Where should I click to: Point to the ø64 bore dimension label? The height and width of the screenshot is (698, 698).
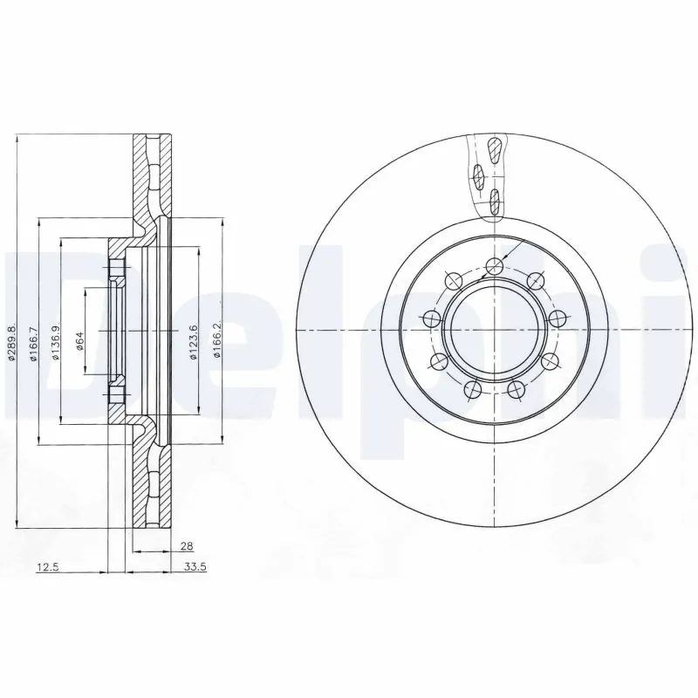pyautogui.click(x=80, y=340)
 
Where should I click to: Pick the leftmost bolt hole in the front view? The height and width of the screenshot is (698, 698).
pyautogui.click(x=429, y=319)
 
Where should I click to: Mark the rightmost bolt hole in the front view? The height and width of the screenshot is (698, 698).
pyautogui.click(x=555, y=317)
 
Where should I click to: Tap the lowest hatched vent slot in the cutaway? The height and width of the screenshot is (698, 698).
pyautogui.click(x=495, y=202)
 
